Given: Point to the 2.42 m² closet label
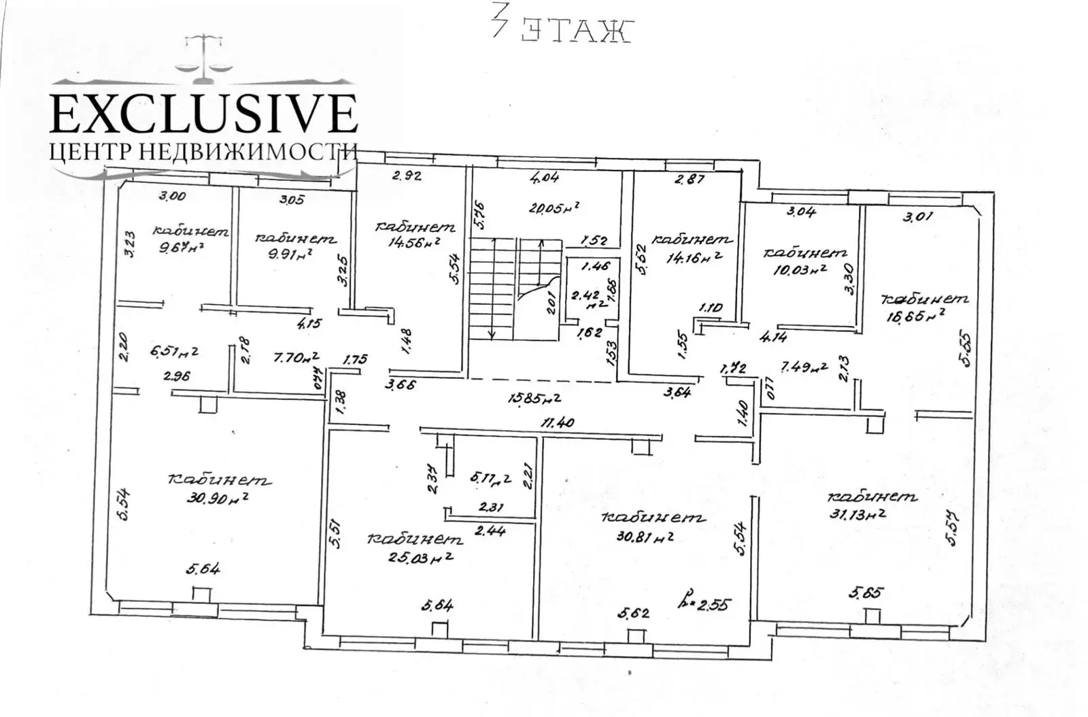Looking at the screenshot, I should (x=585, y=300).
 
